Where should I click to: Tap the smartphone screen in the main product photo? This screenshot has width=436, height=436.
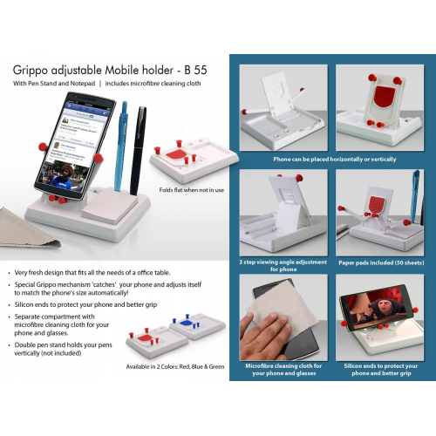point(78,144)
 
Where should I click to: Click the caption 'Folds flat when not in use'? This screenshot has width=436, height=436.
point(191,189)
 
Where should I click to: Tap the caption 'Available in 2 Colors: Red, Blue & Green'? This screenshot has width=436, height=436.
point(175,366)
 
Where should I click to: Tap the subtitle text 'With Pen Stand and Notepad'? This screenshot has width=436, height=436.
point(52,84)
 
